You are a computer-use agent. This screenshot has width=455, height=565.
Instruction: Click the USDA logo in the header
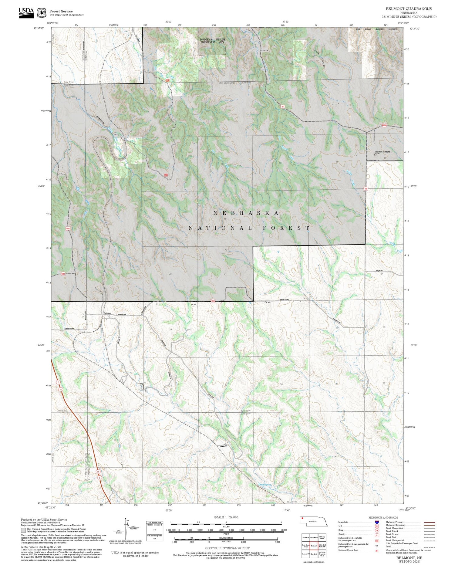[x=26, y=12]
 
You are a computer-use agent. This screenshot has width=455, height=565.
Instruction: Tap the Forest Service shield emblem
[x=42, y=13]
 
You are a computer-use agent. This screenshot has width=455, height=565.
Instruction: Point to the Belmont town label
[x=107, y=313]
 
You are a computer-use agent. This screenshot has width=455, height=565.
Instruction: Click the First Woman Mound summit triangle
[x=374, y=154]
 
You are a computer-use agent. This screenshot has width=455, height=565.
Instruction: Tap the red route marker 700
[x=366, y=189]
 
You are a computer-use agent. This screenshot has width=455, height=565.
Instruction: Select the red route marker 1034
[x=68, y=228]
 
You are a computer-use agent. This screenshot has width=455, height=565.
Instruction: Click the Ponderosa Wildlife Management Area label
[x=212, y=41]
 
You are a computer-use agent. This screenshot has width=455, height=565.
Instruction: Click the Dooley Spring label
[x=265, y=485]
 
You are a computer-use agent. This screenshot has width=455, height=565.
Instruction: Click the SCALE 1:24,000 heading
[x=226, y=517]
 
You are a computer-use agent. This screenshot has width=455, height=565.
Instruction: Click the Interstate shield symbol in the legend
[x=377, y=522]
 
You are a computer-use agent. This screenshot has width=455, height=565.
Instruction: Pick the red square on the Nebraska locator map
[x=302, y=519]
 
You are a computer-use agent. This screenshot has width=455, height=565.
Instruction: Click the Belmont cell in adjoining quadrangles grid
[x=314, y=546]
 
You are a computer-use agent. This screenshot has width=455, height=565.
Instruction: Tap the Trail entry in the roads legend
[x=388, y=546]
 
